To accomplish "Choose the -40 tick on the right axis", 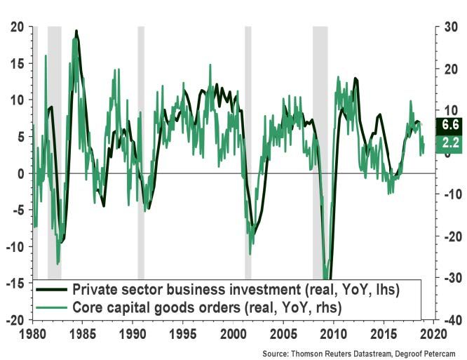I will (452, 320).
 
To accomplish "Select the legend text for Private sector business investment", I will (246, 289).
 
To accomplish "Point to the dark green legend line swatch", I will (53, 289).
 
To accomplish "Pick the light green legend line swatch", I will (53, 306).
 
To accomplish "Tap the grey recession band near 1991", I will (141, 140).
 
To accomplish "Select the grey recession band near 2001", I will (248, 140).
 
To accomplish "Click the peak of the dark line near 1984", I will (76, 31).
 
